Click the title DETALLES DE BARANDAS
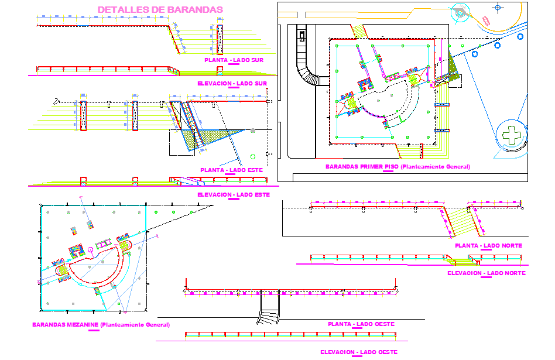[x=160, y=9]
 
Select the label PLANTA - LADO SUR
[x=234, y=60]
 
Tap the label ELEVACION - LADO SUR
[x=232, y=83]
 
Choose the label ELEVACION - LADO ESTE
[x=233, y=194]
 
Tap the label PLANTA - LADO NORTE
[x=488, y=245]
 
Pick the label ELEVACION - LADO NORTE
[x=486, y=273]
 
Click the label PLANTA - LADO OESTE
[x=361, y=324]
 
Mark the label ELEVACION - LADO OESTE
[x=358, y=352]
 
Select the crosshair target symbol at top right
[x=498, y=8]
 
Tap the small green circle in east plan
[x=252, y=156]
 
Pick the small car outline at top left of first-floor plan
[x=302, y=35]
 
